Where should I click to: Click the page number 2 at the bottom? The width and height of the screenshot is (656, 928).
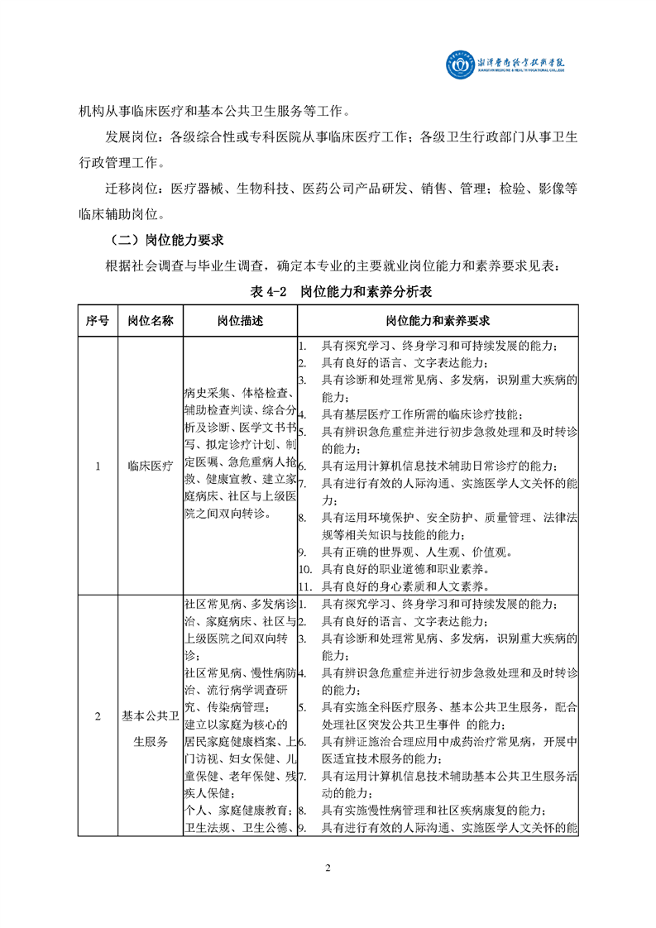pos(328,868)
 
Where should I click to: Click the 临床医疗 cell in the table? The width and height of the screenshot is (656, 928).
pos(151,466)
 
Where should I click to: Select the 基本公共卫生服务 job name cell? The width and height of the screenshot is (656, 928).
pos(151,729)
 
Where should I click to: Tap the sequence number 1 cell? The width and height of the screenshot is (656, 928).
pos(98,466)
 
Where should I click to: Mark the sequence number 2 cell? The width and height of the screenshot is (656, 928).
pos(98,716)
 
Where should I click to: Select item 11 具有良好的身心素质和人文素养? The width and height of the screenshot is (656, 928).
pos(405,586)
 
